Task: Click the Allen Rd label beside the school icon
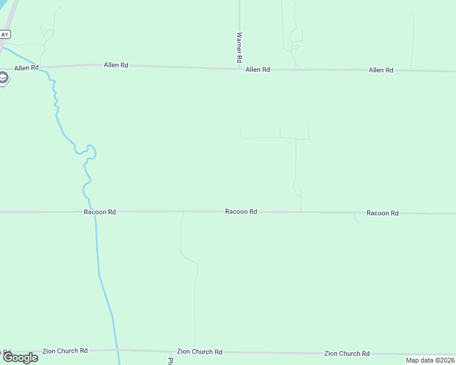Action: coord(26,68)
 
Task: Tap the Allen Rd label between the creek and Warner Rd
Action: coord(116,65)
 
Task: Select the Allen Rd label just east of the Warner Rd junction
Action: coord(257,70)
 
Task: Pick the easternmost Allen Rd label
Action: coord(380,71)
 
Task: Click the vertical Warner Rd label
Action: coord(240,48)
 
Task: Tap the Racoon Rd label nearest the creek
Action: coord(100,212)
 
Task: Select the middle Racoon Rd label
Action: coord(241,212)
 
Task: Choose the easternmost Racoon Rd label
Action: coord(382,214)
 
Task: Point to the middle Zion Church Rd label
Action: coord(199,352)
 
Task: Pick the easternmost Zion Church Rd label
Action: coord(347,353)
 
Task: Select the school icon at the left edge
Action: coord(3,78)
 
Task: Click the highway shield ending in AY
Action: coord(5,35)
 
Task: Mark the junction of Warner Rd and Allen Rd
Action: coord(239,69)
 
